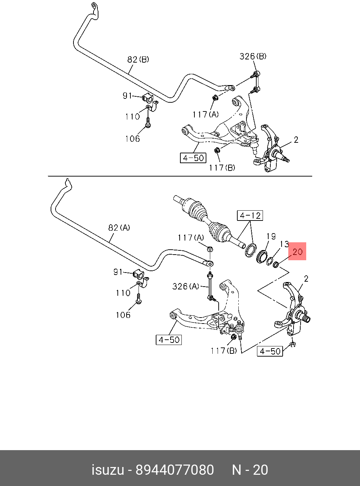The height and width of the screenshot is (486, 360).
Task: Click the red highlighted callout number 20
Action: [297, 251]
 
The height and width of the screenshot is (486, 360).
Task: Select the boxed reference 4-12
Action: [250, 215]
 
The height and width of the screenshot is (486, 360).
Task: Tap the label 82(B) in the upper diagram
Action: [138, 59]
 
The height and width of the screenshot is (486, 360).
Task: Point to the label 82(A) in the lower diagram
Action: [119, 228]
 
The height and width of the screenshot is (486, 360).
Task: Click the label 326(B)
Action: [253, 56]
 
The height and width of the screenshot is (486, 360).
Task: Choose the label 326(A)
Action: [186, 286]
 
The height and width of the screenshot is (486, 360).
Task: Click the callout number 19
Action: [271, 236]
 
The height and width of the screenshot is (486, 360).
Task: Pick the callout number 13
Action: [284, 244]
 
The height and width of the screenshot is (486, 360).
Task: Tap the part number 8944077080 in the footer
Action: [175, 470]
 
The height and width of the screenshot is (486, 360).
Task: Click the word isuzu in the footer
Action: [108, 470]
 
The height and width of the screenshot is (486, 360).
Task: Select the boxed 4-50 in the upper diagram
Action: [193, 158]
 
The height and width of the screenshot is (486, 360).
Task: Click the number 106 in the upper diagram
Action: [133, 139]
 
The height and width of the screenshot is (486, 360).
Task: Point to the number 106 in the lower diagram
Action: [123, 315]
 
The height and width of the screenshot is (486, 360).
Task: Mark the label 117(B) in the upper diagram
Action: [222, 167]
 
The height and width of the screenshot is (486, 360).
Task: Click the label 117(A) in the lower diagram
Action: [191, 238]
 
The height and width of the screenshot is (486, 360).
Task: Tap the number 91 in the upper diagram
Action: [127, 96]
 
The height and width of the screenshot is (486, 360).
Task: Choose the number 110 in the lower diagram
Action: [123, 293]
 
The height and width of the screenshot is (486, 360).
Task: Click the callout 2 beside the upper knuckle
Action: [296, 140]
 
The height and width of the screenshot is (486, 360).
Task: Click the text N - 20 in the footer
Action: [250, 470]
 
